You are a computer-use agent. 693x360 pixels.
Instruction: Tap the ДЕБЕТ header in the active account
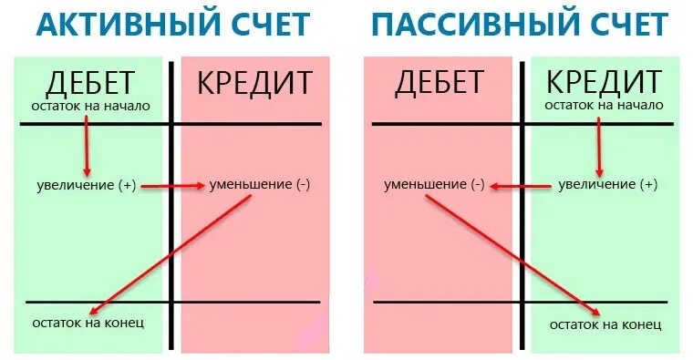coord(89,82)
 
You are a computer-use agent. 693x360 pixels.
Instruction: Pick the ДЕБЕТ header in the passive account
coord(439,82)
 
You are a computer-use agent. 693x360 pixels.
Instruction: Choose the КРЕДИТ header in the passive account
coord(604,82)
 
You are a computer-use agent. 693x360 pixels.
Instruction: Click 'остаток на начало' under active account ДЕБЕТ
coord(88,106)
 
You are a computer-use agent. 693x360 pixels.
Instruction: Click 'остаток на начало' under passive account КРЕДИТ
coord(604,106)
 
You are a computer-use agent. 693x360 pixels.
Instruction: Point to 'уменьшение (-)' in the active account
coord(260,185)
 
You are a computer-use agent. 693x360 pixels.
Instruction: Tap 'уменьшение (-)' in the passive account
coord(433,185)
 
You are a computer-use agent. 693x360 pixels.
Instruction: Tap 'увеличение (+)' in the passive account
coord(606,185)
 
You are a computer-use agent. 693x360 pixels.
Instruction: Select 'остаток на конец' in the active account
coord(88,323)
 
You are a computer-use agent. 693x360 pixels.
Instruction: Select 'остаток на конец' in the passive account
coord(605,324)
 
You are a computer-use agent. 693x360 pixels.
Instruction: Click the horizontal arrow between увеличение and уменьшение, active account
coord(172,186)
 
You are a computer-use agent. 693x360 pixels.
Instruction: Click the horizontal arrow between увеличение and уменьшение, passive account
coord(520,186)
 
